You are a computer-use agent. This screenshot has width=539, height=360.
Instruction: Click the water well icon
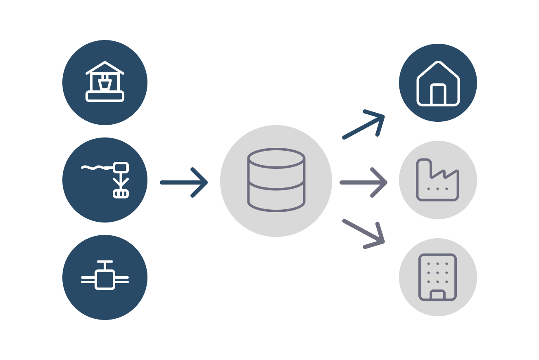tap(105, 82)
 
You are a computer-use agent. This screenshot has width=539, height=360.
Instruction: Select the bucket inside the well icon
tap(105, 84)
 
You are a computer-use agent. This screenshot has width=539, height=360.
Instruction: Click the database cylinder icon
tap(276, 180)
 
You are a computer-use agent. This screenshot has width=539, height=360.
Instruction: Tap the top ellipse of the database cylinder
tap(276, 158)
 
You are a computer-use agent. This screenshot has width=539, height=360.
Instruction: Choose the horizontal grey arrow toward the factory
tap(363, 182)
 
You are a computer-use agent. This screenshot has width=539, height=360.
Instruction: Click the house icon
tap(438, 83)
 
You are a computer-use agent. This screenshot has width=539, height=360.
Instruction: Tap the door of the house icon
tap(438, 95)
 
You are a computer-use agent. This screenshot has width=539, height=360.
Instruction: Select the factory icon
tap(438, 180)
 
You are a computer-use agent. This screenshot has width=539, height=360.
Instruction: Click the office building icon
tap(438, 277)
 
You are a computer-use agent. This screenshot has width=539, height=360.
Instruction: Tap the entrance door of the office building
tap(438, 295)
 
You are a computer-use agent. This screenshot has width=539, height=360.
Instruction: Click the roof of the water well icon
tap(105, 67)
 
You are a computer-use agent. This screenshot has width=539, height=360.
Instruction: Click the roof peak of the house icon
tap(438, 63)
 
